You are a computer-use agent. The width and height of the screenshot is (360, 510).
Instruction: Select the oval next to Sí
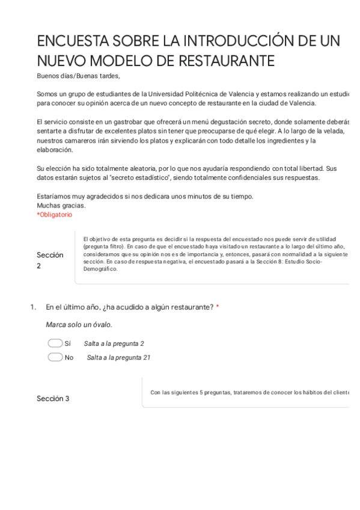[x=55, y=343]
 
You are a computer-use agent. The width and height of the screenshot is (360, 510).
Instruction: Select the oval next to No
[x=55, y=357]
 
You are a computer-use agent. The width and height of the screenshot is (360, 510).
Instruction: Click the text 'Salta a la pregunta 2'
[x=114, y=343]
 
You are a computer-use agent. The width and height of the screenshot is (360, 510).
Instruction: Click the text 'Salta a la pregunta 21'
[x=118, y=357]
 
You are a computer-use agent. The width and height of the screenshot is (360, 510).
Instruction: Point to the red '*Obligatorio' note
[x=54, y=215]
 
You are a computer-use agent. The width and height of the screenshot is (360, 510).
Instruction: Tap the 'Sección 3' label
[x=53, y=399]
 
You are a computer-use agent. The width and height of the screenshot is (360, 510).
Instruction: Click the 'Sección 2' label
[x=50, y=260]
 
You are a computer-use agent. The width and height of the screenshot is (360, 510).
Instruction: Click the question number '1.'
[x=34, y=307]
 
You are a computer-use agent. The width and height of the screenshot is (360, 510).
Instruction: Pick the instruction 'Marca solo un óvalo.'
[x=79, y=325]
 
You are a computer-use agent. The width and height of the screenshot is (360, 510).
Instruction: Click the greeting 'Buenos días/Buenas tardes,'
[x=78, y=76]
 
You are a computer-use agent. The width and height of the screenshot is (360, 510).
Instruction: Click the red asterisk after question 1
[x=218, y=307]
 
